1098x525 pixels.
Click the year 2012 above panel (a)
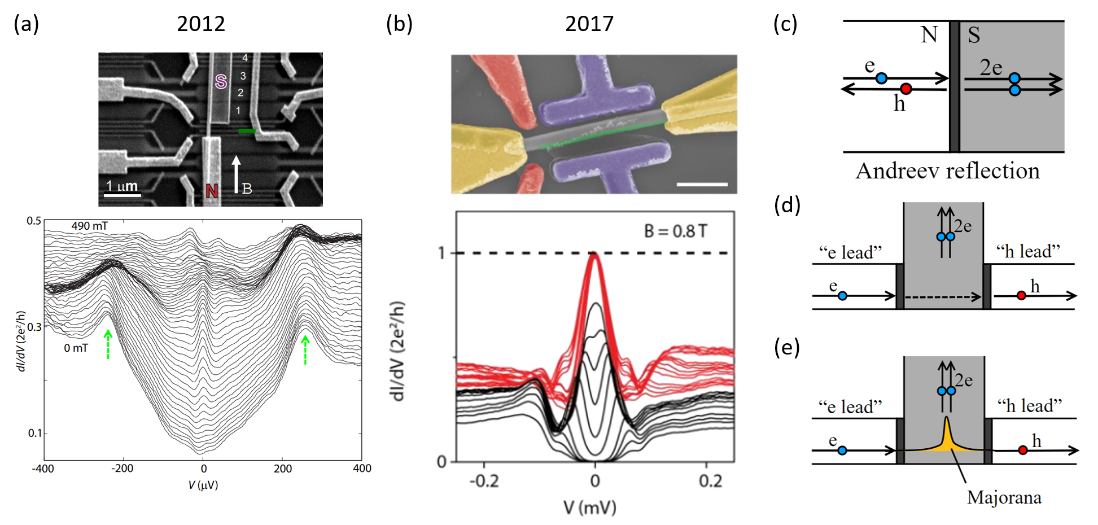click(201, 24)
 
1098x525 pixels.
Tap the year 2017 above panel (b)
click(589, 24)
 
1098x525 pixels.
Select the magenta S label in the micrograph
click(221, 82)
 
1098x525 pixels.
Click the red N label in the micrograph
click(212, 191)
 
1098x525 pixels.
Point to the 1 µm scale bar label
click(122, 186)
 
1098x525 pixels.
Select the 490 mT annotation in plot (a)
click(89, 226)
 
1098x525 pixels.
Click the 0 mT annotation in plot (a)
click(76, 348)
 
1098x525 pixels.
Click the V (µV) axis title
click(203, 485)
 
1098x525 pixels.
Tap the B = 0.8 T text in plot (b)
click(675, 231)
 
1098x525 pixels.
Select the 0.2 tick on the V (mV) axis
click(710, 480)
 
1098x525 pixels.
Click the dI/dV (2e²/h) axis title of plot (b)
click(399, 351)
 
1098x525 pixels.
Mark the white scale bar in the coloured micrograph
click(702, 184)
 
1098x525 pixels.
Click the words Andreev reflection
click(947, 170)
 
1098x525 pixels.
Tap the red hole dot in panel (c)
click(905, 89)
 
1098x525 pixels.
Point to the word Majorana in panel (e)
click(1004, 497)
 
